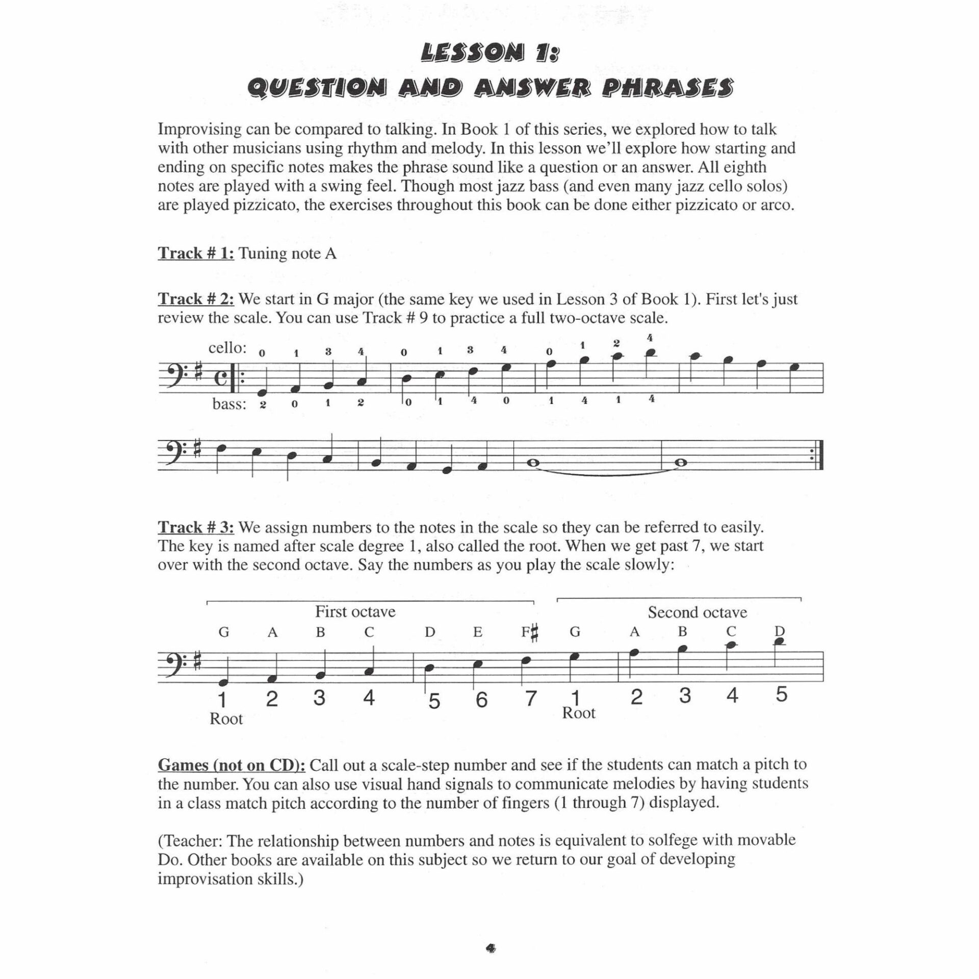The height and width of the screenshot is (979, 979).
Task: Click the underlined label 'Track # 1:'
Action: click(196, 253)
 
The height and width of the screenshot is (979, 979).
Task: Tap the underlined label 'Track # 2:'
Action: click(196, 299)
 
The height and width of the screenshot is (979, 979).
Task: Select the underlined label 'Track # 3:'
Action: click(196, 527)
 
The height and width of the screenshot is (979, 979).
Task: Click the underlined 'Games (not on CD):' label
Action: click(231, 780)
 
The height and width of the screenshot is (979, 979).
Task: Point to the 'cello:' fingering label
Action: click(227, 348)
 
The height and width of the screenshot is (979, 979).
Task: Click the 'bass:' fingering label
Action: click(229, 404)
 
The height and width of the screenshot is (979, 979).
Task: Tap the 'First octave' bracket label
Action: click(355, 611)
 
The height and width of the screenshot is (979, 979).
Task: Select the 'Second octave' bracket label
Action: click(697, 612)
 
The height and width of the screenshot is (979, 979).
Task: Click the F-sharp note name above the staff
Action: click(530, 633)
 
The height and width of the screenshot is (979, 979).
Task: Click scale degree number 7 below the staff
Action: click(531, 698)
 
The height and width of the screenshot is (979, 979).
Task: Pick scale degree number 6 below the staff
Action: click(481, 700)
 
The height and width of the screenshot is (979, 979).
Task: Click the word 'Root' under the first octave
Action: click(226, 719)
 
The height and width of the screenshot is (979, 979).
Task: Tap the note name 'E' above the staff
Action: click(478, 632)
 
